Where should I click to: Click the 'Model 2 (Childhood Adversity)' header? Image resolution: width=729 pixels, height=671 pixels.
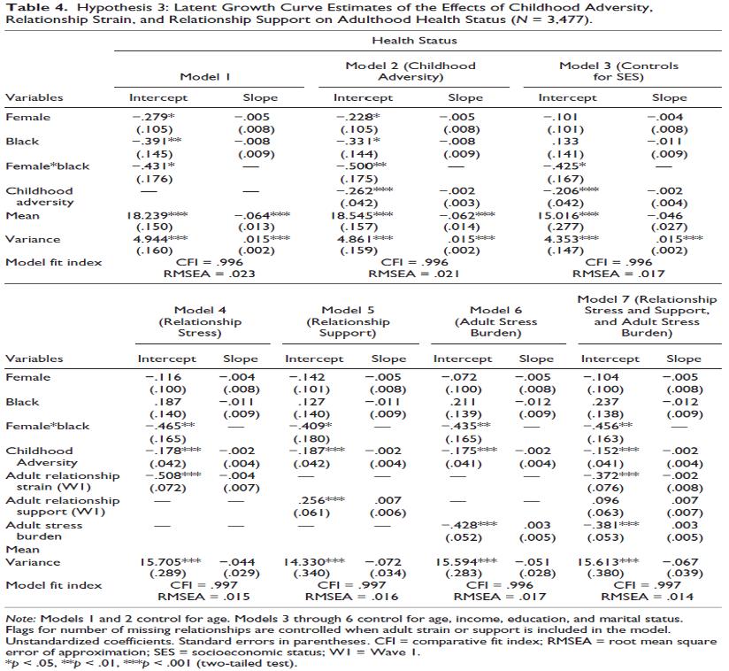[410, 72]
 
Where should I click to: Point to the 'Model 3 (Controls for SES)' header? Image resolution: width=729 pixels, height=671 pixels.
[618, 72]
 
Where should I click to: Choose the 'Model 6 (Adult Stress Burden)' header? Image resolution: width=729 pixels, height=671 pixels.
[502, 322]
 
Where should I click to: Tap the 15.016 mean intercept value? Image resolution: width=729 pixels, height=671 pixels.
[567, 214]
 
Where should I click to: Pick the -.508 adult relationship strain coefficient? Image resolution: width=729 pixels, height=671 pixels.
[163, 475]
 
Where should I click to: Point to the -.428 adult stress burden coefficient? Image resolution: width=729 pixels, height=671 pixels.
[461, 525]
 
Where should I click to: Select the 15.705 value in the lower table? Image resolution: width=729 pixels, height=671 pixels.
[165, 562]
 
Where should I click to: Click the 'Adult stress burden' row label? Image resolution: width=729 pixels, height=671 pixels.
[44, 531]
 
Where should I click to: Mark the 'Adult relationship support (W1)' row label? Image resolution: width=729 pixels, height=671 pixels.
[62, 506]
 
